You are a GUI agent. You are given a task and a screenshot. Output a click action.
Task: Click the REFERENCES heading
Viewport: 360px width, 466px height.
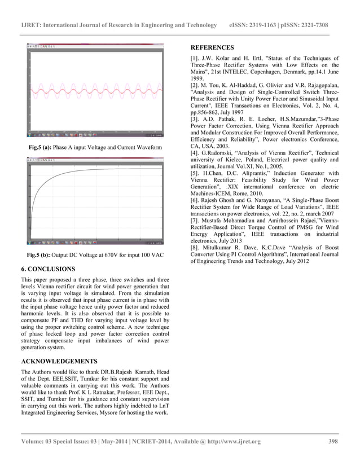tap(215, 49)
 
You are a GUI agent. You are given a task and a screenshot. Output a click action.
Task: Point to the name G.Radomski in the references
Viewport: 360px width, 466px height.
tap(226, 153)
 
